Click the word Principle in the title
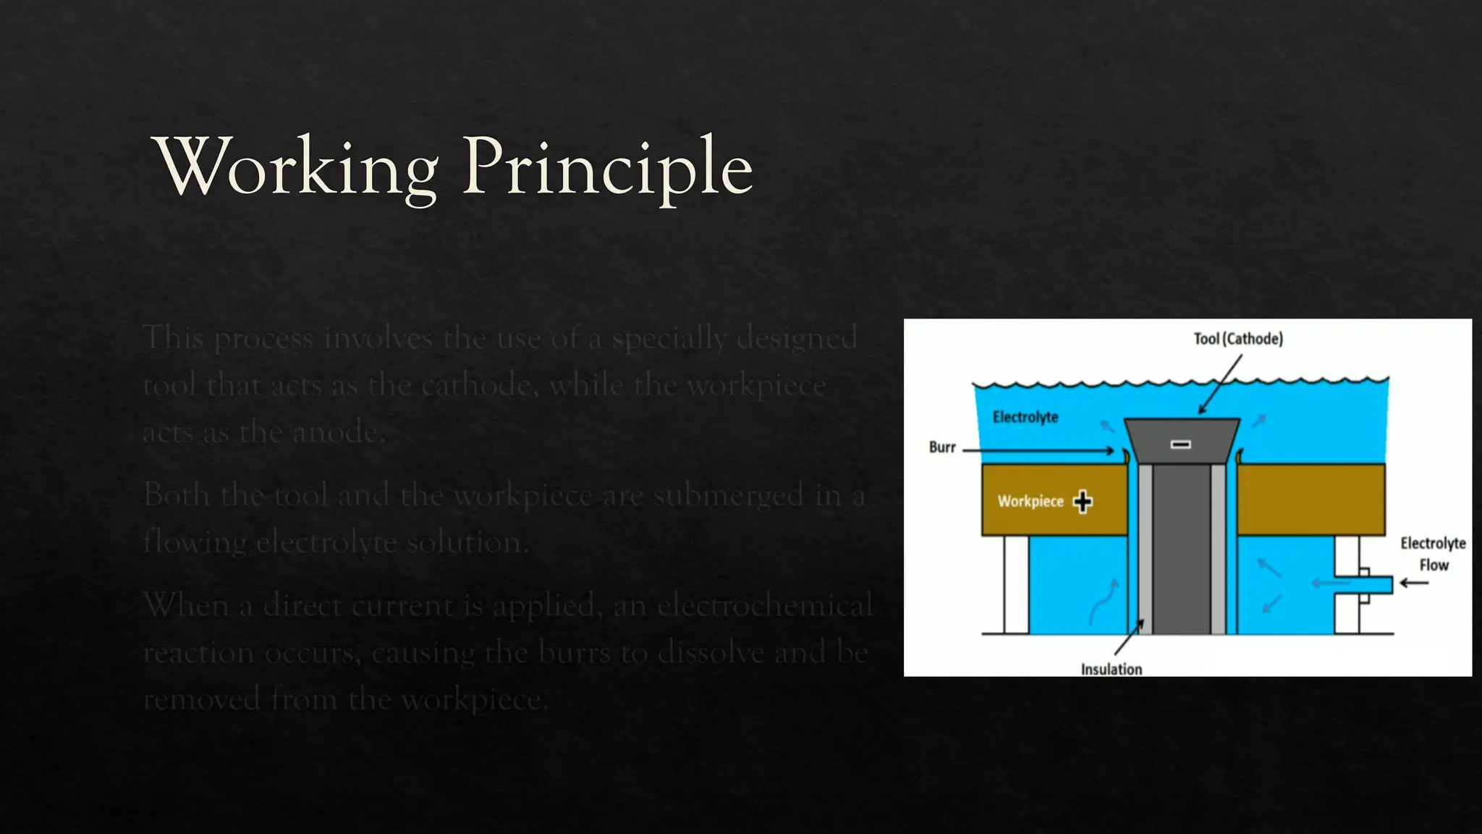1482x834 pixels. pos(608,168)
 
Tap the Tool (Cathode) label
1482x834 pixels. pos(1238,339)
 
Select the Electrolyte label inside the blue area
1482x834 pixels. pos(1025,417)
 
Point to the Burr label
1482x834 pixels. pos(942,447)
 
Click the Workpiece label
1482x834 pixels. pos(1030,501)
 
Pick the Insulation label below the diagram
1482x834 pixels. pos(1111,669)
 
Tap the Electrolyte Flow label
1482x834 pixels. pos(1433,554)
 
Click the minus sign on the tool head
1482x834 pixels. pos(1181,444)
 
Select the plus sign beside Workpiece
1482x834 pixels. pos(1083,501)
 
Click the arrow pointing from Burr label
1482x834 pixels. pos(1039,450)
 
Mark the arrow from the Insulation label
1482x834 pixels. pos(1129,637)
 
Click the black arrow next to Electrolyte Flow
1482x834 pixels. pos(1414,583)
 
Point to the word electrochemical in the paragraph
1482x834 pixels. pos(765,605)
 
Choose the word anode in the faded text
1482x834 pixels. pos(336,433)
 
